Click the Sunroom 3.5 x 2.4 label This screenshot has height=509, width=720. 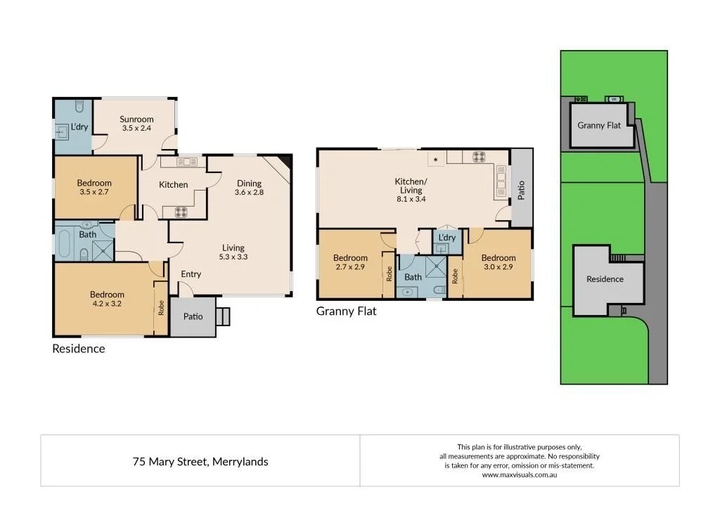tap(136, 124)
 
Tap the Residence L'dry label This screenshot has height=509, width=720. tap(79, 127)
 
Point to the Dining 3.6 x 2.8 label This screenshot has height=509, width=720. tap(249, 188)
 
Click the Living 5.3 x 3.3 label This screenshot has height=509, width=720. tap(233, 252)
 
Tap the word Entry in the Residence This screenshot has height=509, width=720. tap(191, 274)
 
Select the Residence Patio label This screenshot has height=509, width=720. tap(193, 316)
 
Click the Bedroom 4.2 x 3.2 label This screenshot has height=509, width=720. tap(107, 299)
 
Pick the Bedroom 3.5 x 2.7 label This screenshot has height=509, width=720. tap(94, 187)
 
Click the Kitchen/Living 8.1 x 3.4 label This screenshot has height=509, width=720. tap(411, 190)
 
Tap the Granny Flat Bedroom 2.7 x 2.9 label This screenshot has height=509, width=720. tap(350, 263)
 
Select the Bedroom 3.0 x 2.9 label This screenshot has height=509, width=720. tap(499, 262)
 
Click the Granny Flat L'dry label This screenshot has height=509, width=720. tap(446, 238)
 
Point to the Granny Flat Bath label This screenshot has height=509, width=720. tap(413, 277)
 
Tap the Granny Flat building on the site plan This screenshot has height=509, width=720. tap(599, 125)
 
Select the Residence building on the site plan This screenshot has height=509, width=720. tap(605, 279)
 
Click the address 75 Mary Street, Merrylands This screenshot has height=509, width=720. tap(200, 462)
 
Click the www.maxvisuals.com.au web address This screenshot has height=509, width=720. tap(519, 475)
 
